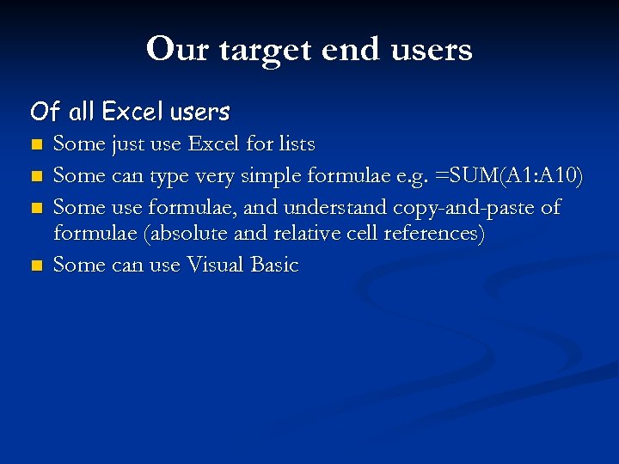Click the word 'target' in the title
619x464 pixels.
(266, 50)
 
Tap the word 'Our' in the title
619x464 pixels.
(175, 49)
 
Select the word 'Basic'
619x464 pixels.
(274, 266)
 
